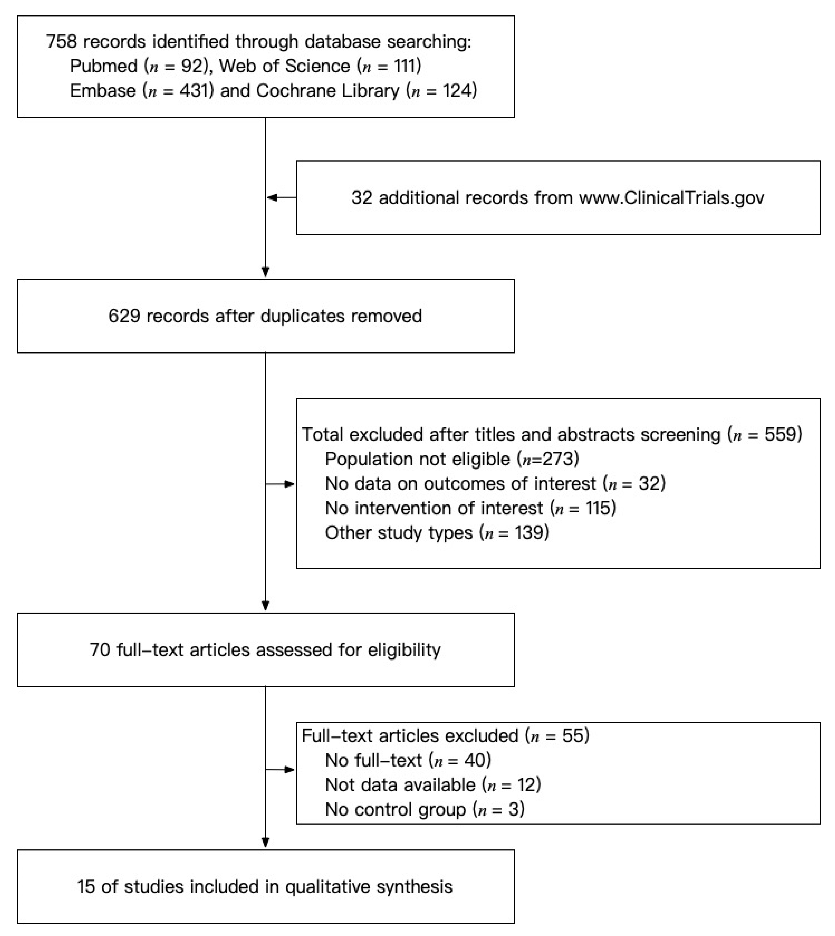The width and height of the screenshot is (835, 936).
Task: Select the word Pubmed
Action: click(103, 66)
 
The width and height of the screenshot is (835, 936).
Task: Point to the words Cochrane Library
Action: click(328, 91)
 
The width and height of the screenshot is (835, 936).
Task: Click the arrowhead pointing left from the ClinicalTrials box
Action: click(272, 198)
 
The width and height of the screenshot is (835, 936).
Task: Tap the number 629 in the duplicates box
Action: click(124, 316)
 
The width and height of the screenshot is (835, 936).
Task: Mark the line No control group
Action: click(424, 809)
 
